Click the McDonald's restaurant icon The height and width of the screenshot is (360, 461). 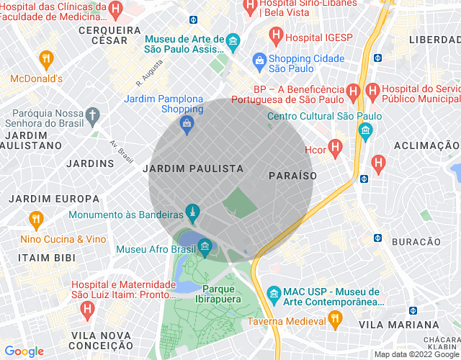46,58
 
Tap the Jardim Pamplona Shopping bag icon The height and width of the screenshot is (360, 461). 187,124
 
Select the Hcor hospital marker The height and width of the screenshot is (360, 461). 334,148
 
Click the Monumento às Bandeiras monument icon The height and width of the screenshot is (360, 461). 192,212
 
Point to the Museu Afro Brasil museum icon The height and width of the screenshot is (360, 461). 205,247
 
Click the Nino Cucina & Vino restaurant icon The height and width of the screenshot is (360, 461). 35,220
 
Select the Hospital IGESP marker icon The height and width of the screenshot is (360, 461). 275,34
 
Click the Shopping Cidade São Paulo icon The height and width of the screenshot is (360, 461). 259,60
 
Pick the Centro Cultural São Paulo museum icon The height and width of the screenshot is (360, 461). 365,131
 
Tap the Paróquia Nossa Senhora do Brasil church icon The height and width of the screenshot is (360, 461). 91,114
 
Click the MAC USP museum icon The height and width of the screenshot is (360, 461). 274,294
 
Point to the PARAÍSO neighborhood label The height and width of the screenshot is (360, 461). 292,176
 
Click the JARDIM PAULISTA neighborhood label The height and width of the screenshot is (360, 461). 193,168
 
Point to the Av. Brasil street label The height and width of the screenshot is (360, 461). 122,150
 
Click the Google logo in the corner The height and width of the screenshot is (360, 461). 24,351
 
